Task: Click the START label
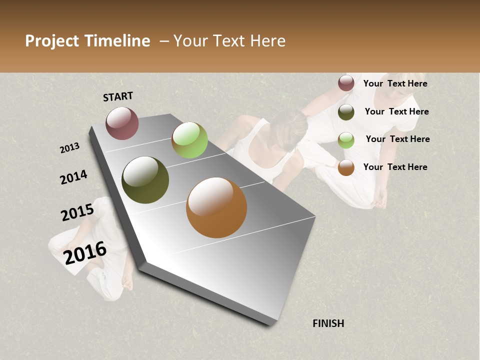(x=118, y=96)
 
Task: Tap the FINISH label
(x=328, y=323)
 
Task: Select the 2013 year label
(x=70, y=148)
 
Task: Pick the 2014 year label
(x=73, y=177)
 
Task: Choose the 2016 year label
(x=85, y=253)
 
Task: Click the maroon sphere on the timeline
(x=122, y=123)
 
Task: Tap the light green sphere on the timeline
(x=189, y=140)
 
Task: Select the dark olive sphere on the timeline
(x=145, y=180)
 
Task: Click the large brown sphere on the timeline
(x=216, y=207)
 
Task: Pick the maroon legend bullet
(x=346, y=83)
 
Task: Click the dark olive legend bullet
(x=346, y=112)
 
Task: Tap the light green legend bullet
(x=346, y=140)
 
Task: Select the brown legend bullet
(x=346, y=167)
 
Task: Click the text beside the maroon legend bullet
(x=395, y=83)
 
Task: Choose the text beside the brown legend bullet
(x=395, y=167)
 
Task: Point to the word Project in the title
(x=51, y=41)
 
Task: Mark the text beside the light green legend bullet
(x=397, y=139)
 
